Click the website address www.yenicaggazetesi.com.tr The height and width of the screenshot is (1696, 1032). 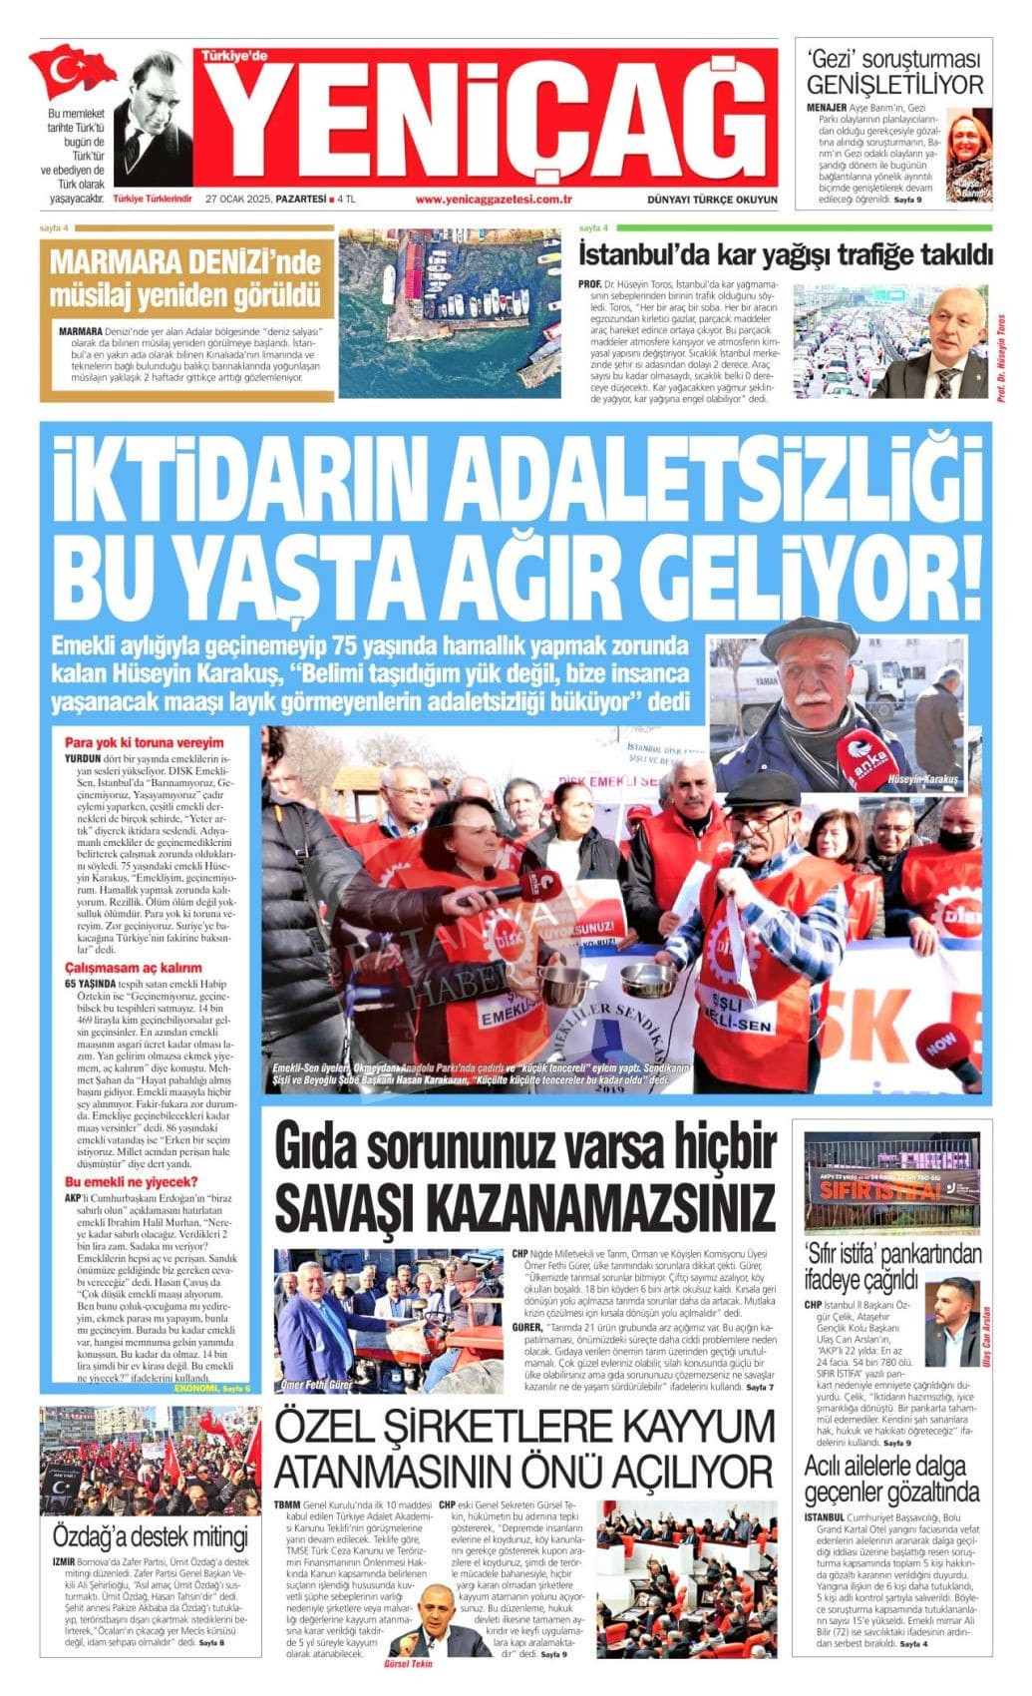[x=493, y=199]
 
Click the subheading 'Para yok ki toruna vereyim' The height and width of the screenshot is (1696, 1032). [x=144, y=742]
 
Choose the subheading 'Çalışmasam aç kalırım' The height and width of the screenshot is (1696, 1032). [x=133, y=968]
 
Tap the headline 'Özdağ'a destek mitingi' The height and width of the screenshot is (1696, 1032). [x=150, y=1534]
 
